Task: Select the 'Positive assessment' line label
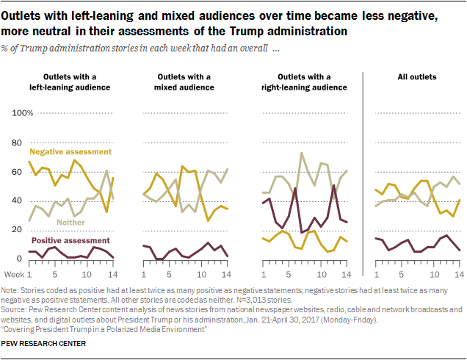point(70,240)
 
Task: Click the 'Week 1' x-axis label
point(20,273)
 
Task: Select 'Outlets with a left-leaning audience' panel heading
point(72,82)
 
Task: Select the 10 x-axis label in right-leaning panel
point(315,273)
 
